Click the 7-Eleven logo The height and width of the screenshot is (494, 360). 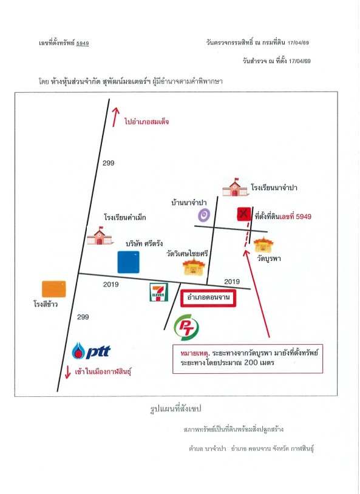pyautogui.click(x=158, y=293)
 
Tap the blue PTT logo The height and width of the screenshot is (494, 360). pyautogui.click(x=91, y=351)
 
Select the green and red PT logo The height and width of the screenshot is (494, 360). pyautogui.click(x=186, y=328)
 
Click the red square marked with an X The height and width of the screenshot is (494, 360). pyautogui.click(x=243, y=214)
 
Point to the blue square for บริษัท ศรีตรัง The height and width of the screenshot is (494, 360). pyautogui.click(x=128, y=262)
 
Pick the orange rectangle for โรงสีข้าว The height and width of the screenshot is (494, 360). pyautogui.click(x=54, y=289)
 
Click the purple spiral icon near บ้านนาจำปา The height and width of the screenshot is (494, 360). pyautogui.click(x=203, y=215)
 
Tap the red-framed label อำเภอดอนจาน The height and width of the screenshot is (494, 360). pyautogui.click(x=208, y=298)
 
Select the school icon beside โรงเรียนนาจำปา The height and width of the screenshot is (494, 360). pyautogui.click(x=235, y=188)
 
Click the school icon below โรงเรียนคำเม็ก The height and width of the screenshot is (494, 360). pyautogui.click(x=100, y=235)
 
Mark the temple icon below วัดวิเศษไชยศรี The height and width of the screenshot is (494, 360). pyautogui.click(x=194, y=267)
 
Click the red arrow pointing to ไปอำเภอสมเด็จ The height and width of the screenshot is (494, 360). pyautogui.click(x=116, y=117)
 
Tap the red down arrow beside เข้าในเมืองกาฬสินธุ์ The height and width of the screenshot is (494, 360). pyautogui.click(x=67, y=372)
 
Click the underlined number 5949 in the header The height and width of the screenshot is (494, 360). pyautogui.click(x=83, y=43)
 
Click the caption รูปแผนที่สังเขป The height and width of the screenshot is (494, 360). pyautogui.click(x=175, y=409)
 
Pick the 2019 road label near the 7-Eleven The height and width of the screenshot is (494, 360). pyautogui.click(x=110, y=285)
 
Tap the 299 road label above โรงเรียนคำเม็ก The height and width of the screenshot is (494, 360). pyautogui.click(x=108, y=163)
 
